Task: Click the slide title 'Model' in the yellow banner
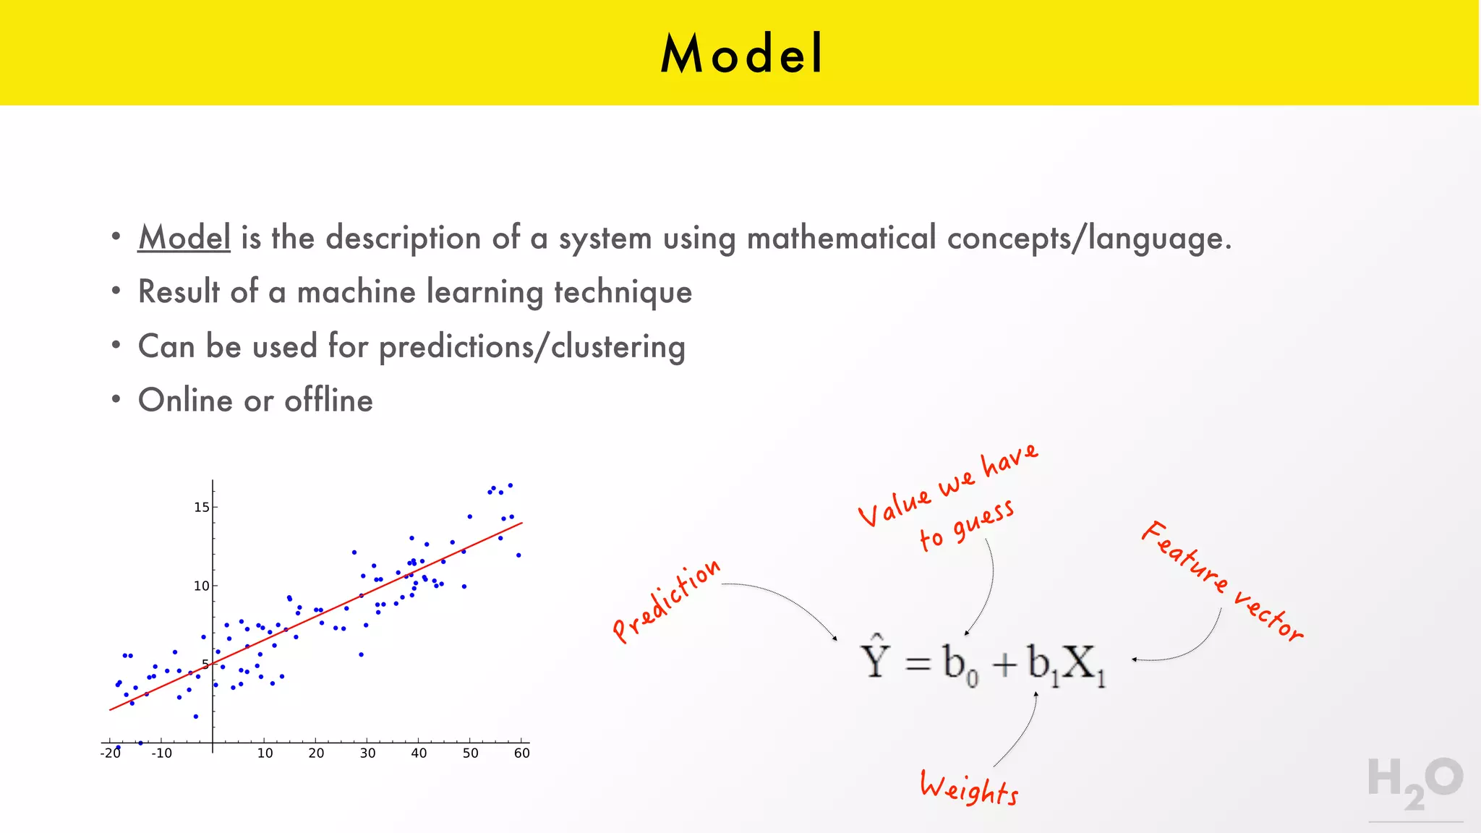pos(741,54)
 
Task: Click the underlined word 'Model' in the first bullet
pos(184,238)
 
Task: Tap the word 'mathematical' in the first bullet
pos(841,238)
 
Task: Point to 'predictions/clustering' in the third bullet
pos(532,347)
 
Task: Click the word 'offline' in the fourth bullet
pos(328,401)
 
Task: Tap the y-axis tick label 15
pos(201,507)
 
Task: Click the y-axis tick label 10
pos(201,586)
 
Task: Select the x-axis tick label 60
pos(521,753)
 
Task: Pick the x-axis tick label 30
pos(367,753)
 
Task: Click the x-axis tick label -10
pos(161,753)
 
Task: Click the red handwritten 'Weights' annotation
pos(969,788)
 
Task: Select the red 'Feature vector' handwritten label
pos(1222,581)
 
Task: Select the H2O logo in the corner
pos(1414,784)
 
